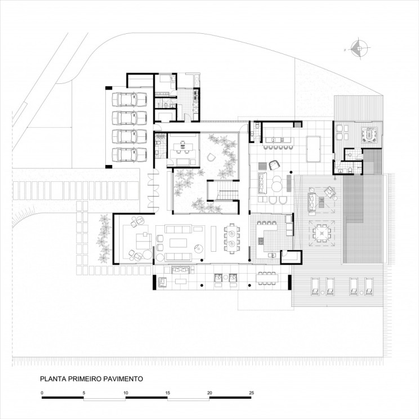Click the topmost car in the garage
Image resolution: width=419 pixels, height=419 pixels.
coord(128,100)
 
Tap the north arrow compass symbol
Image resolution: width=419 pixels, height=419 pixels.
coord(357,49)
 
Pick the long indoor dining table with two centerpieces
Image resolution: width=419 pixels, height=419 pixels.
coord(231,238)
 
